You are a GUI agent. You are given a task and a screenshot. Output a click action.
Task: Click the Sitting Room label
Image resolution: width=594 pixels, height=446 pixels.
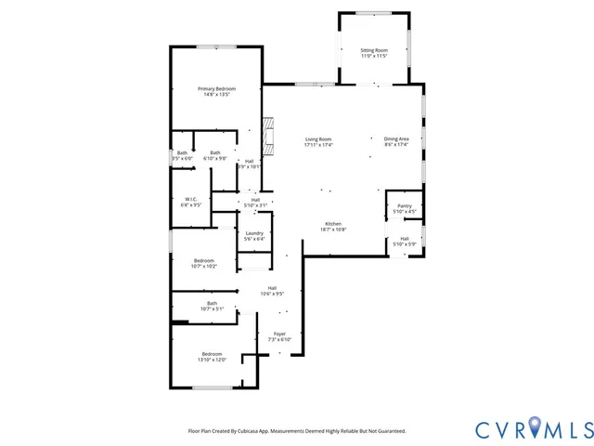(x=374, y=49)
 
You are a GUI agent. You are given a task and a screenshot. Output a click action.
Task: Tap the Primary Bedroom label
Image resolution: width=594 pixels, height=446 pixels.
(x=216, y=88)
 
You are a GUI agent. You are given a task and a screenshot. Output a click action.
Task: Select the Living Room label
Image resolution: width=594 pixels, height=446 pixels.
(x=318, y=139)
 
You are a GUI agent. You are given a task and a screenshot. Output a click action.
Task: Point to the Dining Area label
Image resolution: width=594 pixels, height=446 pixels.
(x=396, y=139)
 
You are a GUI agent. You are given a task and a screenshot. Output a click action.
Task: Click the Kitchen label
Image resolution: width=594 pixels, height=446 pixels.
(x=333, y=224)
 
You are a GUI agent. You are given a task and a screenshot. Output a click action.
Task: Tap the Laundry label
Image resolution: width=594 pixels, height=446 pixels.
(x=254, y=233)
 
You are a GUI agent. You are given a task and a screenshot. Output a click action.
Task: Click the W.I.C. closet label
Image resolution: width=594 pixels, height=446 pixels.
(x=189, y=199)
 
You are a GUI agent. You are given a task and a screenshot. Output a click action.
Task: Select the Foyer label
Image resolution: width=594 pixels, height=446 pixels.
(x=279, y=334)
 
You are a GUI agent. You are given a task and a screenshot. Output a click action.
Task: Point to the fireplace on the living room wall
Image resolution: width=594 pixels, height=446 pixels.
(x=268, y=134)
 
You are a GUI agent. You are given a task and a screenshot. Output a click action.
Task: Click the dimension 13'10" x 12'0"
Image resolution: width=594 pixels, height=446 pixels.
(x=213, y=360)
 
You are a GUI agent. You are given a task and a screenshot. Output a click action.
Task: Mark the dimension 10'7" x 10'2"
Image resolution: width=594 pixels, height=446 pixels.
(x=204, y=267)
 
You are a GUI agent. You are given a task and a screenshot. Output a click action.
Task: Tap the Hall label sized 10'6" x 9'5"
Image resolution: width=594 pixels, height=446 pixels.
(x=272, y=287)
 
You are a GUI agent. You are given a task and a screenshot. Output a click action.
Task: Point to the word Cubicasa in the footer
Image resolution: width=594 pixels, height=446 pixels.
(x=246, y=431)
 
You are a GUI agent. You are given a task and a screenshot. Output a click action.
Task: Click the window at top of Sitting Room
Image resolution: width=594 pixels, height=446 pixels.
(x=374, y=12)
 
